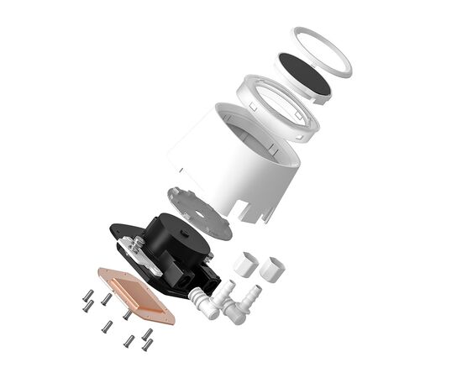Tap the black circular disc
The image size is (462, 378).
pos(304,73)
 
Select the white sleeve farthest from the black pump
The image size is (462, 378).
pos(272,270)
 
